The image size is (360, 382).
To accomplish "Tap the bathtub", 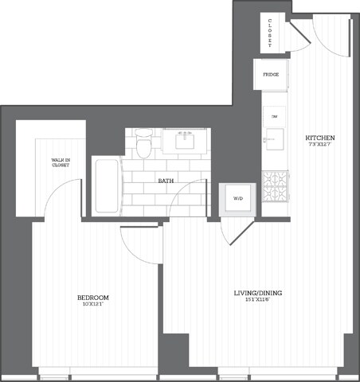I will tap(106, 186).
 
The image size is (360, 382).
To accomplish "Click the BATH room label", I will tap(166, 181).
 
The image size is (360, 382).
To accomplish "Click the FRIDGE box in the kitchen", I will tap(270, 75).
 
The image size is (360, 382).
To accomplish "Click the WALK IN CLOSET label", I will tap(61, 164).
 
